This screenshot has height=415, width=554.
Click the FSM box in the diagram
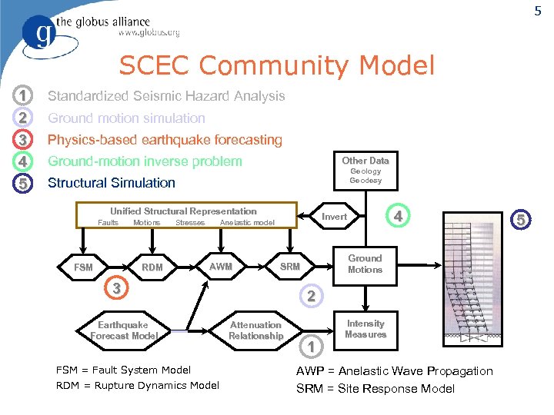coord(83,267)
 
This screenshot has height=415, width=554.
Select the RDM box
coord(152,267)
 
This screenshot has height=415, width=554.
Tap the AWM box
coord(221,267)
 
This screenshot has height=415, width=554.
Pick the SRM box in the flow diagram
coord(289,267)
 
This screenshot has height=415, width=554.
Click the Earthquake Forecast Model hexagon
coord(123,330)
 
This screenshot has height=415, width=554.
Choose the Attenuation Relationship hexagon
coord(255,330)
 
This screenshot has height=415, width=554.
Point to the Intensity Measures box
coord(365,329)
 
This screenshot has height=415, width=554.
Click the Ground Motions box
coord(365,264)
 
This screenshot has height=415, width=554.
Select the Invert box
coord(334,217)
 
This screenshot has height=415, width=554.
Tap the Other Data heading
coord(365,161)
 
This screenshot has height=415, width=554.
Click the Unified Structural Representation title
coord(183,211)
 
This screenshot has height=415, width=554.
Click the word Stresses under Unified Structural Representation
coord(190,223)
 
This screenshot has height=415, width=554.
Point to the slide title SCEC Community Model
coord(276,65)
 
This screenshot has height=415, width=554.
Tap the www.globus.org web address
coord(149,33)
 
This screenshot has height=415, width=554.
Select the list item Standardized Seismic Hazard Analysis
coord(166,96)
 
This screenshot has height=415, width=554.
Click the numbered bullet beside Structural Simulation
coord(24,184)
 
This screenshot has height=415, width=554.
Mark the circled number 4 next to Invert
coord(397,217)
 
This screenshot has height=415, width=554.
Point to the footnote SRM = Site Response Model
coord(375,388)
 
